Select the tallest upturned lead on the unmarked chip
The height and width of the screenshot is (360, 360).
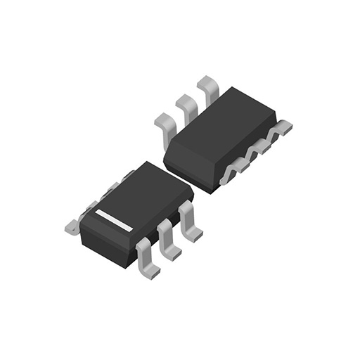pyautogui.click(x=209, y=88)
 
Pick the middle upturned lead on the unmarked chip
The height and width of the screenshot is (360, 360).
pyautogui.click(x=187, y=104)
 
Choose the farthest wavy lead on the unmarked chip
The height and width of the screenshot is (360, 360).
pyautogui.click(x=281, y=129)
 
